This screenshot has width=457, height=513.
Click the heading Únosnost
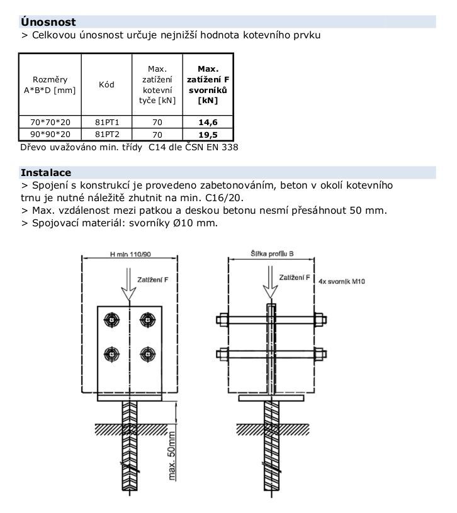(x=48, y=22)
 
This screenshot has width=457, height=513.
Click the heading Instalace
(x=46, y=172)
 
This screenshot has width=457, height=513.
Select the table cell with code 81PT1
(x=107, y=122)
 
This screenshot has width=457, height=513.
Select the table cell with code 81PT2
(x=107, y=134)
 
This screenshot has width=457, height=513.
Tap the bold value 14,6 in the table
(x=208, y=123)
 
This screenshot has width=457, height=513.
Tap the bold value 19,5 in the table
(x=208, y=135)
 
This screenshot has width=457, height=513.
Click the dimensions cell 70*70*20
(x=50, y=122)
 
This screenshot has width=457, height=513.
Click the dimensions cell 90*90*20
(x=50, y=134)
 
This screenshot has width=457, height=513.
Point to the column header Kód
(x=106, y=84)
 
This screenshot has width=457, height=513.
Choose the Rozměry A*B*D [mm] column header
(x=50, y=85)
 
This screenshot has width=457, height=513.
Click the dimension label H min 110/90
(x=130, y=254)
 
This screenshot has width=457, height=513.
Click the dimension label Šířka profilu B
(x=272, y=253)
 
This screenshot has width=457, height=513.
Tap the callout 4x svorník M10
(x=342, y=282)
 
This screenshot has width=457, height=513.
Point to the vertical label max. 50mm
(x=172, y=456)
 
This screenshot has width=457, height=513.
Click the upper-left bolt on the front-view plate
(x=111, y=319)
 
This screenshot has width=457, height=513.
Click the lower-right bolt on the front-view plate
(x=148, y=354)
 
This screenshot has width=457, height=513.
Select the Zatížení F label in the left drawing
(x=153, y=280)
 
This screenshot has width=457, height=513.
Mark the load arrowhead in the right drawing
(x=270, y=291)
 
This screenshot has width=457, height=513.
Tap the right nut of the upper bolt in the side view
(x=320, y=319)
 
